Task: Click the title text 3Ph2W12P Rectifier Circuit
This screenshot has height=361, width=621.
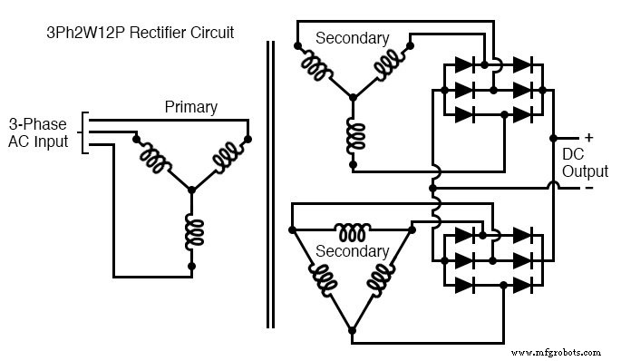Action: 140,33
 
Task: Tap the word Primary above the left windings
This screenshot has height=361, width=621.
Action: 190,107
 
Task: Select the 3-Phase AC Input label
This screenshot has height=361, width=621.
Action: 38,132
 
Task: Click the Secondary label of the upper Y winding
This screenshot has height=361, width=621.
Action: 352,38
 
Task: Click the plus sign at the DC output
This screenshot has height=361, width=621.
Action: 588,138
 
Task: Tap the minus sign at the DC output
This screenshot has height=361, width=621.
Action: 588,188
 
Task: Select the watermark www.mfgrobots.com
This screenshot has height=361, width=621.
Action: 556,351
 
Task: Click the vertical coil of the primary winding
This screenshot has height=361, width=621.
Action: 191,232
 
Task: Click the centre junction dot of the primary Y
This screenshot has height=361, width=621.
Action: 191,190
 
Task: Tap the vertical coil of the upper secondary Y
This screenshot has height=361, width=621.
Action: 354,134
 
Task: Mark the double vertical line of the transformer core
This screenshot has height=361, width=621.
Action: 270,181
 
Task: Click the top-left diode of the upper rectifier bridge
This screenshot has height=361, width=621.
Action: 462,65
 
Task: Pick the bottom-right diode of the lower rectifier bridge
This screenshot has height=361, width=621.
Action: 521,285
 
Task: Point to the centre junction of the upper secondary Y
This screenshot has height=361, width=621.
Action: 354,94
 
